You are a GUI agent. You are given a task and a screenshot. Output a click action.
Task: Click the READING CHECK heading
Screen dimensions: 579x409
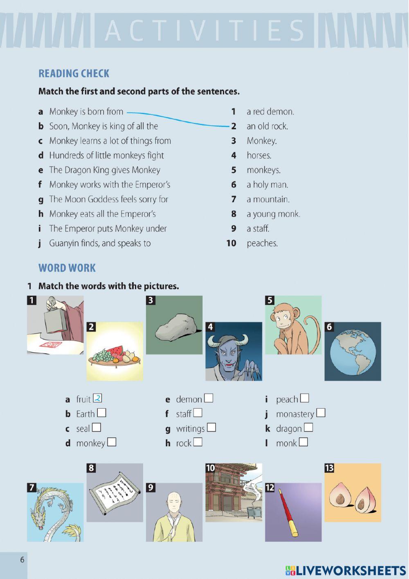click(74, 73)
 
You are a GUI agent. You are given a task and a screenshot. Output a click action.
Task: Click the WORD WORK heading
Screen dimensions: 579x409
click(67, 268)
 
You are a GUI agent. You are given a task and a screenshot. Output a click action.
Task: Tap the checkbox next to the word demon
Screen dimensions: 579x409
click(209, 398)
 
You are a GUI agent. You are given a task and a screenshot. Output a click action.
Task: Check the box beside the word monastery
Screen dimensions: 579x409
click(321, 413)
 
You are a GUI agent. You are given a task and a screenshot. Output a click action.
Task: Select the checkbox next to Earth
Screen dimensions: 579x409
click(102, 413)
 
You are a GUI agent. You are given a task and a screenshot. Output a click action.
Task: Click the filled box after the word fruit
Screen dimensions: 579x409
click(97, 398)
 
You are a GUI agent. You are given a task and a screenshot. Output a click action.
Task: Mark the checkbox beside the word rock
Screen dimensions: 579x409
click(198, 442)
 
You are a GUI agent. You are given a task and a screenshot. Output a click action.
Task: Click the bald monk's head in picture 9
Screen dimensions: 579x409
click(174, 500)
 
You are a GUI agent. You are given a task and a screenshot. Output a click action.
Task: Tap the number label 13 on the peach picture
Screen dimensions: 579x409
click(329, 468)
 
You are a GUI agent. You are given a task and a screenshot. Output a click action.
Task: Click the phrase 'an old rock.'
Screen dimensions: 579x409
click(267, 126)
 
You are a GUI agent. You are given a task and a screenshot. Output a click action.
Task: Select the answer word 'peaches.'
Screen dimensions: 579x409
click(262, 243)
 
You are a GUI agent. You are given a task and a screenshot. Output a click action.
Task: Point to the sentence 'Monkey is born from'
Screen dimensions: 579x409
click(86, 111)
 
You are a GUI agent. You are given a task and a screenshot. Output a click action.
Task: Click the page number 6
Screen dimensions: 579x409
click(22, 559)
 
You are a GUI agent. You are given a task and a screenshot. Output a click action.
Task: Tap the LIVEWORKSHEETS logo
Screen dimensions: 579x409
click(346, 570)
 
